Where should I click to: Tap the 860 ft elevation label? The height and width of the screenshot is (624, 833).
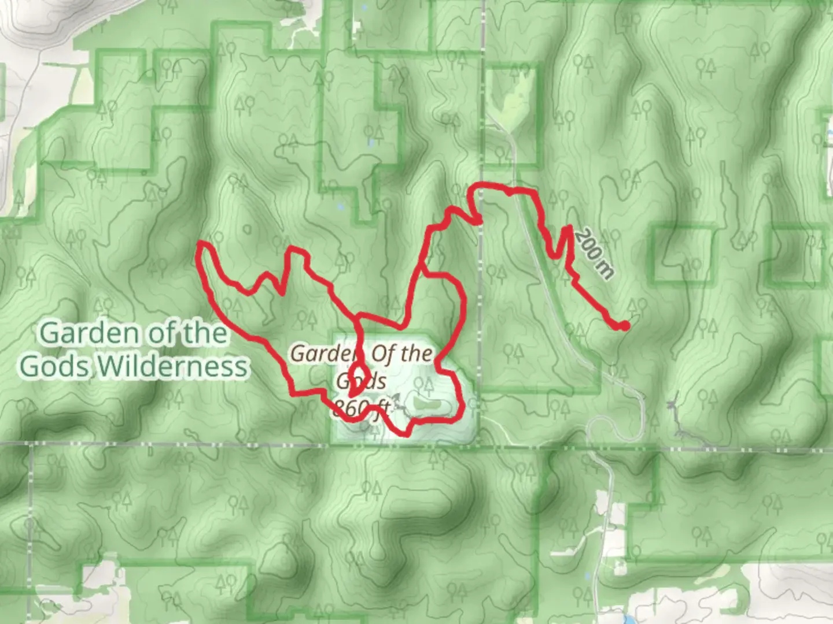click(360, 408)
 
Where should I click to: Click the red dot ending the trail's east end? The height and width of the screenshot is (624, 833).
click(625, 326)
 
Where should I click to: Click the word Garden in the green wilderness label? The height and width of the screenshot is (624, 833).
click(89, 333)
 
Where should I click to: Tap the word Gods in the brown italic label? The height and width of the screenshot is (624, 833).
click(362, 380)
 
